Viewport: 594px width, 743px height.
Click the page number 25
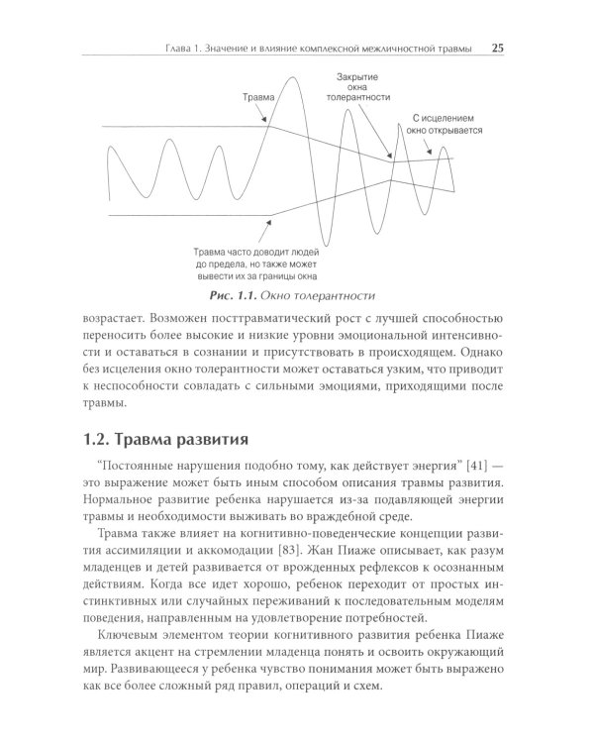[499, 47]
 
